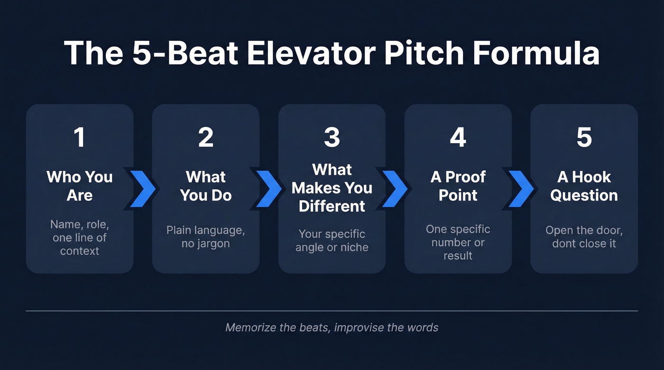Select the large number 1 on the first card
[x=79, y=137]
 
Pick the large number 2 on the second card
[x=205, y=137]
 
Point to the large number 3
[x=332, y=137]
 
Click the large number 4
[x=458, y=137]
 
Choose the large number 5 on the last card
[x=584, y=137]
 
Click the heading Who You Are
[x=79, y=186]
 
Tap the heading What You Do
[x=205, y=186]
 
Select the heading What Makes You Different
[x=332, y=188]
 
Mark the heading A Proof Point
[x=458, y=186]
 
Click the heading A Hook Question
[x=584, y=186]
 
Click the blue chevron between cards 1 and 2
[x=142, y=188]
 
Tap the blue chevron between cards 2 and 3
[x=269, y=188]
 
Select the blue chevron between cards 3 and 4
[x=395, y=188]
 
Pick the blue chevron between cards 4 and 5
[x=521, y=188]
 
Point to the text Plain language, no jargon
[x=205, y=237]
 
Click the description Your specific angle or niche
[x=332, y=241]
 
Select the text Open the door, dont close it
[x=584, y=237]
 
